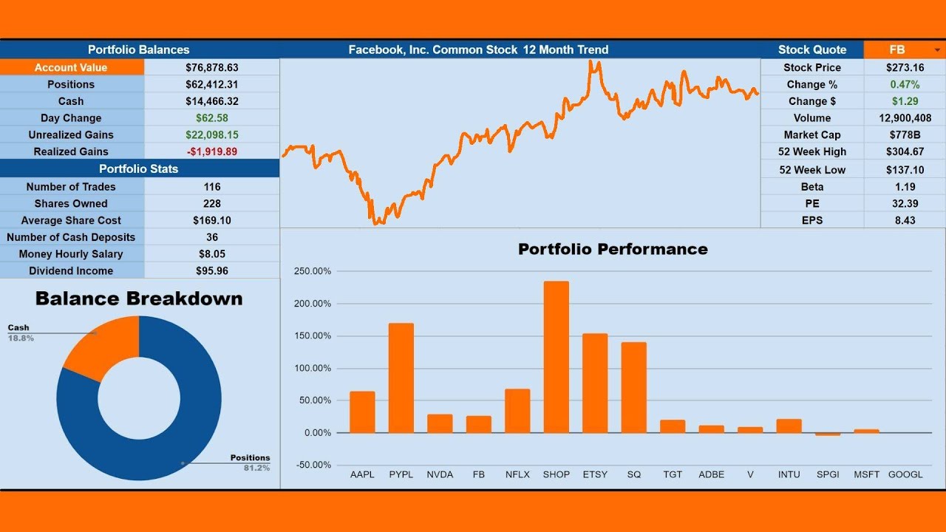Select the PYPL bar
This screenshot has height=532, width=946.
pyautogui.click(x=401, y=378)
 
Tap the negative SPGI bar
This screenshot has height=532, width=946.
pyautogui.click(x=828, y=434)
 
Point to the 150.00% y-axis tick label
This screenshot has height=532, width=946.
pyautogui.click(x=313, y=335)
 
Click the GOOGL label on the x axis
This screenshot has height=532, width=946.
pyautogui.click(x=905, y=474)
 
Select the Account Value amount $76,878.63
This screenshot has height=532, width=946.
pyautogui.click(x=212, y=67)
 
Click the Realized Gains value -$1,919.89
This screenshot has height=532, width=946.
pyautogui.click(x=212, y=151)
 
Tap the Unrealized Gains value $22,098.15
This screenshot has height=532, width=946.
pyautogui.click(x=212, y=134)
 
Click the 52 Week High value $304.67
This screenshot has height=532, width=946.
pyautogui.click(x=905, y=151)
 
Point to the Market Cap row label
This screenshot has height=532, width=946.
pyautogui.click(x=811, y=134)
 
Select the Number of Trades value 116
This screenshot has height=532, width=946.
pyautogui.click(x=212, y=187)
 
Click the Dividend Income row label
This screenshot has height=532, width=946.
pyautogui.click(x=71, y=270)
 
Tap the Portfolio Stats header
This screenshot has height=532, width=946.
pyautogui.click(x=139, y=168)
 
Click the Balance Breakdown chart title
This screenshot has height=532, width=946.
pyautogui.click(x=139, y=299)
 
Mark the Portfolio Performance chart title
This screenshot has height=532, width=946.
pyautogui.click(x=613, y=249)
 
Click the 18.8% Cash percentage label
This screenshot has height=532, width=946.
pyautogui.click(x=21, y=338)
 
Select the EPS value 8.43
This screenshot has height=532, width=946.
pyautogui.click(x=905, y=220)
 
